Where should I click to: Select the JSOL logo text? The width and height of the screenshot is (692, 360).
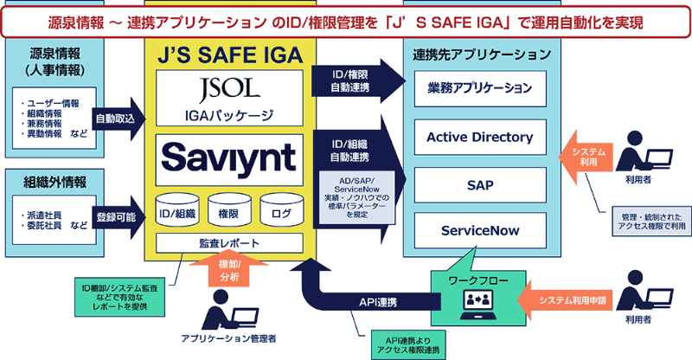(x=229, y=90)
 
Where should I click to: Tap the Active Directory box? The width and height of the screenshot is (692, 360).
(x=480, y=137)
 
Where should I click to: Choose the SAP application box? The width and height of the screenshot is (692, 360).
(x=480, y=184)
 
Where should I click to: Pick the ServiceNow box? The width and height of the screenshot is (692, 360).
(x=480, y=232)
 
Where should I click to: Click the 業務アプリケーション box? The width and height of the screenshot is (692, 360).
(x=480, y=88)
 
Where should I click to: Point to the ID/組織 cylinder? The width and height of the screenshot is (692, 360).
(x=177, y=209)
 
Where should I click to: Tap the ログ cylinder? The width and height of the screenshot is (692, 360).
(x=281, y=209)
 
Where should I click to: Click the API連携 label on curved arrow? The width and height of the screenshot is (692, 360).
(x=378, y=302)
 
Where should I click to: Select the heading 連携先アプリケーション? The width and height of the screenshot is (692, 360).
(x=480, y=55)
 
